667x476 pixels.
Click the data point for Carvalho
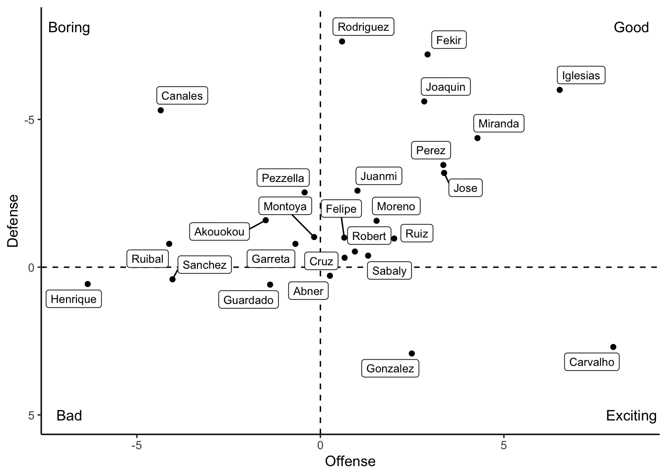(x=613, y=347)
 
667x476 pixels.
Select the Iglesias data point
(x=559, y=90)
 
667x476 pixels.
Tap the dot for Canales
(x=161, y=110)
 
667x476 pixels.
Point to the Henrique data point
(x=88, y=284)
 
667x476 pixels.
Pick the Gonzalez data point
(x=411, y=354)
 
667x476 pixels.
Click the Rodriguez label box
(x=363, y=27)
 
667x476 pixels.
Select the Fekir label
(x=449, y=40)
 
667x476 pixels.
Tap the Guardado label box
(x=248, y=300)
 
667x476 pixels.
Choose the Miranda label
(x=498, y=123)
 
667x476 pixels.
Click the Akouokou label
(x=219, y=232)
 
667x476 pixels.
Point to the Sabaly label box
(x=389, y=271)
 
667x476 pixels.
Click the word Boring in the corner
(x=69, y=27)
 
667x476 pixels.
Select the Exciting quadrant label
(x=631, y=416)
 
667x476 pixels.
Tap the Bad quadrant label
(x=69, y=416)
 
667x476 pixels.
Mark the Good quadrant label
(x=631, y=27)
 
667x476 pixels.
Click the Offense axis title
(x=350, y=462)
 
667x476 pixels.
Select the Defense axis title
(x=13, y=221)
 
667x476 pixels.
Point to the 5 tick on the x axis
(x=503, y=445)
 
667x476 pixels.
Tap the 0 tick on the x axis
(x=320, y=445)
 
